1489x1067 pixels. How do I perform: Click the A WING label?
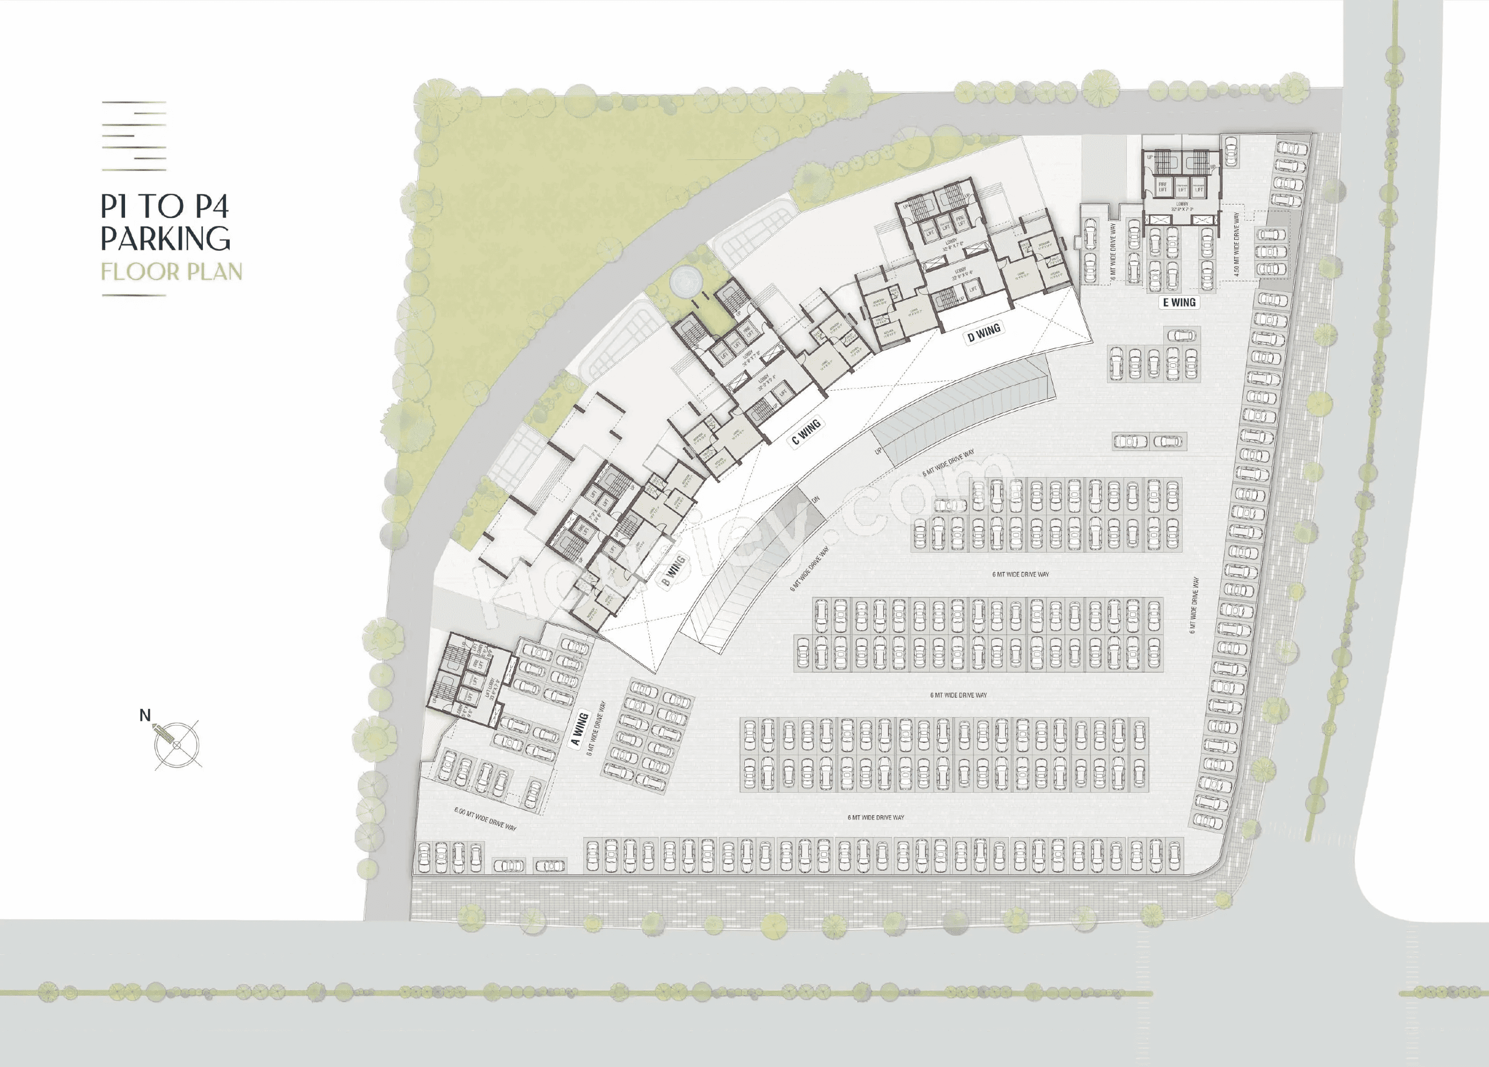(x=578, y=729)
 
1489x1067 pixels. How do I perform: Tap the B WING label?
(x=673, y=570)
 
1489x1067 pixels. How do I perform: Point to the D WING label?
(x=984, y=333)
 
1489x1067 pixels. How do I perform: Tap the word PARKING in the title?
(x=165, y=238)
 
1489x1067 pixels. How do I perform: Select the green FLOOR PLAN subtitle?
(x=171, y=272)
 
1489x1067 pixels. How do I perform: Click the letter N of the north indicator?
(x=145, y=715)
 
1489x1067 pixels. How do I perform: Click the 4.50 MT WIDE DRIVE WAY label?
(x=1236, y=243)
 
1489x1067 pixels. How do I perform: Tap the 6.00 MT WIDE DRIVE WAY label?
(x=485, y=819)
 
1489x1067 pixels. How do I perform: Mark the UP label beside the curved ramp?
(x=878, y=451)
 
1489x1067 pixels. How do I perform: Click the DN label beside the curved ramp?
(x=816, y=500)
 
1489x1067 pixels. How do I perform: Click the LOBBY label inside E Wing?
(x=1183, y=206)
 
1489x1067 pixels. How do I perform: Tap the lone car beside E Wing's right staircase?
(x=1230, y=150)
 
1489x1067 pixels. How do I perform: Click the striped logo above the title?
(x=134, y=136)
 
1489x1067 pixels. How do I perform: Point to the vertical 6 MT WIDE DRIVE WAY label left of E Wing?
(x=1113, y=252)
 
